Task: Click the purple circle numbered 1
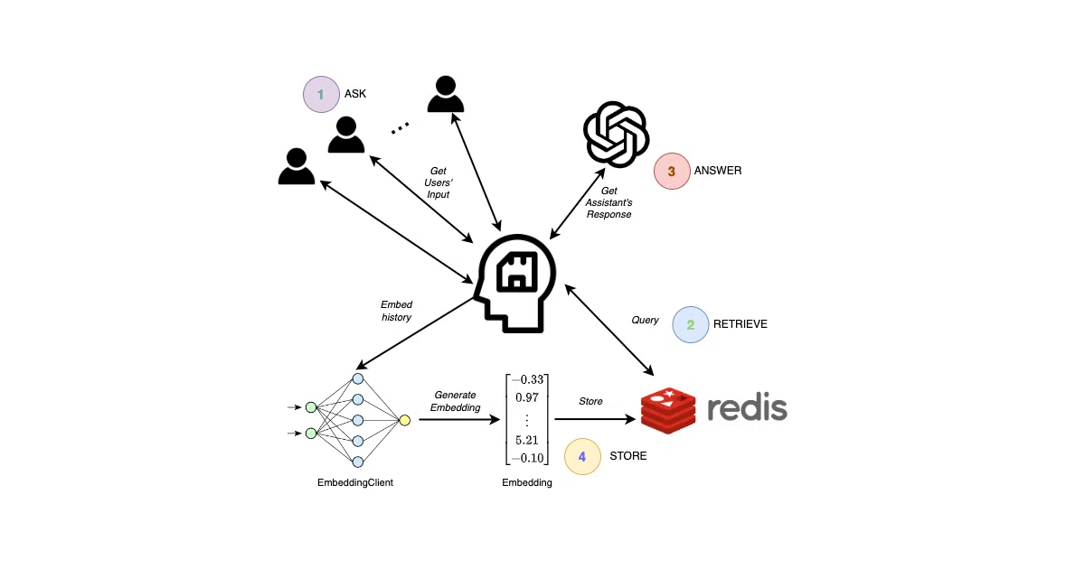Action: [321, 94]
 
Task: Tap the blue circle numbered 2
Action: [691, 324]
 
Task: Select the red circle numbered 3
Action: [672, 172]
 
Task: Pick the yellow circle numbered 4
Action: [582, 456]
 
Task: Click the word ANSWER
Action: [718, 171]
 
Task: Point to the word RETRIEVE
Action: [741, 324]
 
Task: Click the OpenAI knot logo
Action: [616, 135]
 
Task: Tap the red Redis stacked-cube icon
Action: [668, 410]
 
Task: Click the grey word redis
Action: [748, 409]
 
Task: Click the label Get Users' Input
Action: [439, 182]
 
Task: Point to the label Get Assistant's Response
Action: [609, 202]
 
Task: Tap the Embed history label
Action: [396, 311]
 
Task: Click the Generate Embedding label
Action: [456, 402]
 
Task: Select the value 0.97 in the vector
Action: [527, 397]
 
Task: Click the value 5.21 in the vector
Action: [527, 441]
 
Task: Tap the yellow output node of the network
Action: [404, 421]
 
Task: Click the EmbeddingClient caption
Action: [355, 483]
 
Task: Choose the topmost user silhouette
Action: [446, 94]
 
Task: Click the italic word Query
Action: [645, 321]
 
